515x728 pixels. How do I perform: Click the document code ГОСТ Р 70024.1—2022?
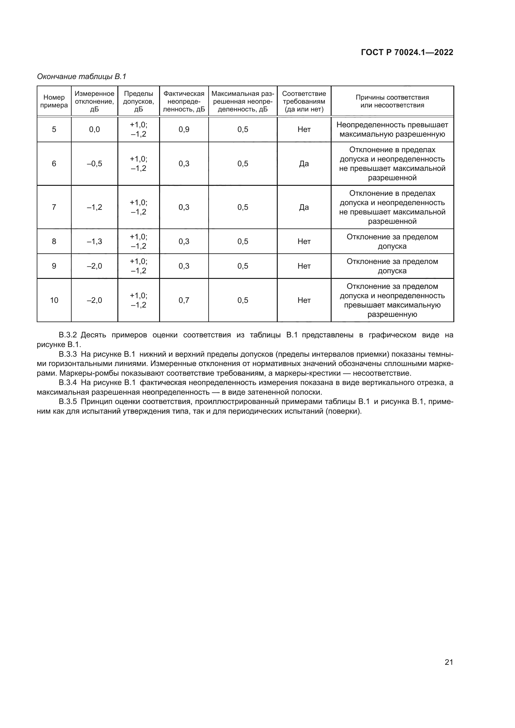point(407,52)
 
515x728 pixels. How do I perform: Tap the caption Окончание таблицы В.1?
point(82,77)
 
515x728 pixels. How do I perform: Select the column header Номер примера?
point(54,101)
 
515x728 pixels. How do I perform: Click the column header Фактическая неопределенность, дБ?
point(184,101)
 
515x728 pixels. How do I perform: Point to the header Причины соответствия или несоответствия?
point(392,101)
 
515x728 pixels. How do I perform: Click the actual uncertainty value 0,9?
point(184,129)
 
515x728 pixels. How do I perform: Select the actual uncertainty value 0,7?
point(184,300)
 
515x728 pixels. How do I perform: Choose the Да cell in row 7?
point(304,207)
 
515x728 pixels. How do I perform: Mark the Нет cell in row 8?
point(304,242)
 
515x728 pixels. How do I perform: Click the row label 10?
point(54,300)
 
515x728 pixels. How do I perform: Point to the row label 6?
point(54,164)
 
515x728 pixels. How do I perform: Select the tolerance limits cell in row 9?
point(138,266)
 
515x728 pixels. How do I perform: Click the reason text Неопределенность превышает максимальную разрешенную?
point(392,129)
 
